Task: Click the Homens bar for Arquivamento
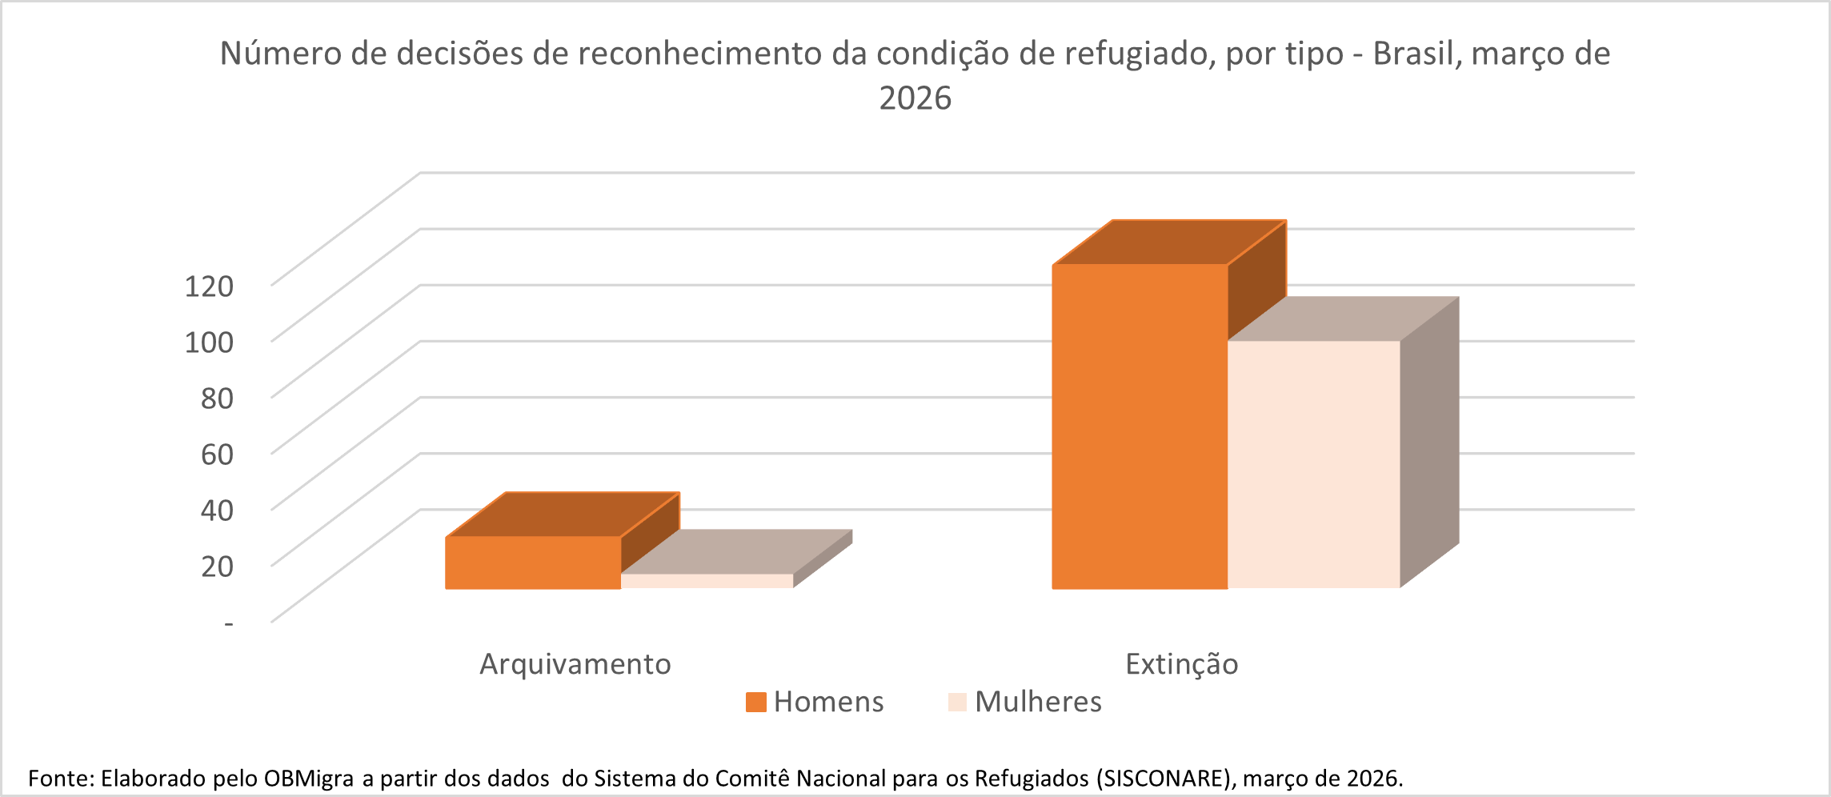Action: point(533,563)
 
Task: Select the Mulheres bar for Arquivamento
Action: point(707,581)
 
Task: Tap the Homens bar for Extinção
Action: point(1140,427)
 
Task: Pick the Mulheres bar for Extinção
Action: point(1314,464)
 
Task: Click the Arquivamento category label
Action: point(575,664)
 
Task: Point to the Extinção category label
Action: point(1181,664)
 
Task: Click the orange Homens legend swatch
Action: point(755,703)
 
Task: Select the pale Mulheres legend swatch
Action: point(957,703)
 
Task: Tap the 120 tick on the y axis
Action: point(209,286)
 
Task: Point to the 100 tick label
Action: point(209,342)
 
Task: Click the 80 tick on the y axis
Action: point(217,398)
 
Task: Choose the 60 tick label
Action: point(217,454)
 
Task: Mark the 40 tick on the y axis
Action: point(217,510)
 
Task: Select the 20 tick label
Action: point(217,566)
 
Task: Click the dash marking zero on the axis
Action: point(229,623)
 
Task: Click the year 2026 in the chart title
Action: point(916,98)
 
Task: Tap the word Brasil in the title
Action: point(1416,54)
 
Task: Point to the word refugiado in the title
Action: point(1139,54)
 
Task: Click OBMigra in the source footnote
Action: point(308,779)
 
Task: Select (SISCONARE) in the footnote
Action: point(1165,779)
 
